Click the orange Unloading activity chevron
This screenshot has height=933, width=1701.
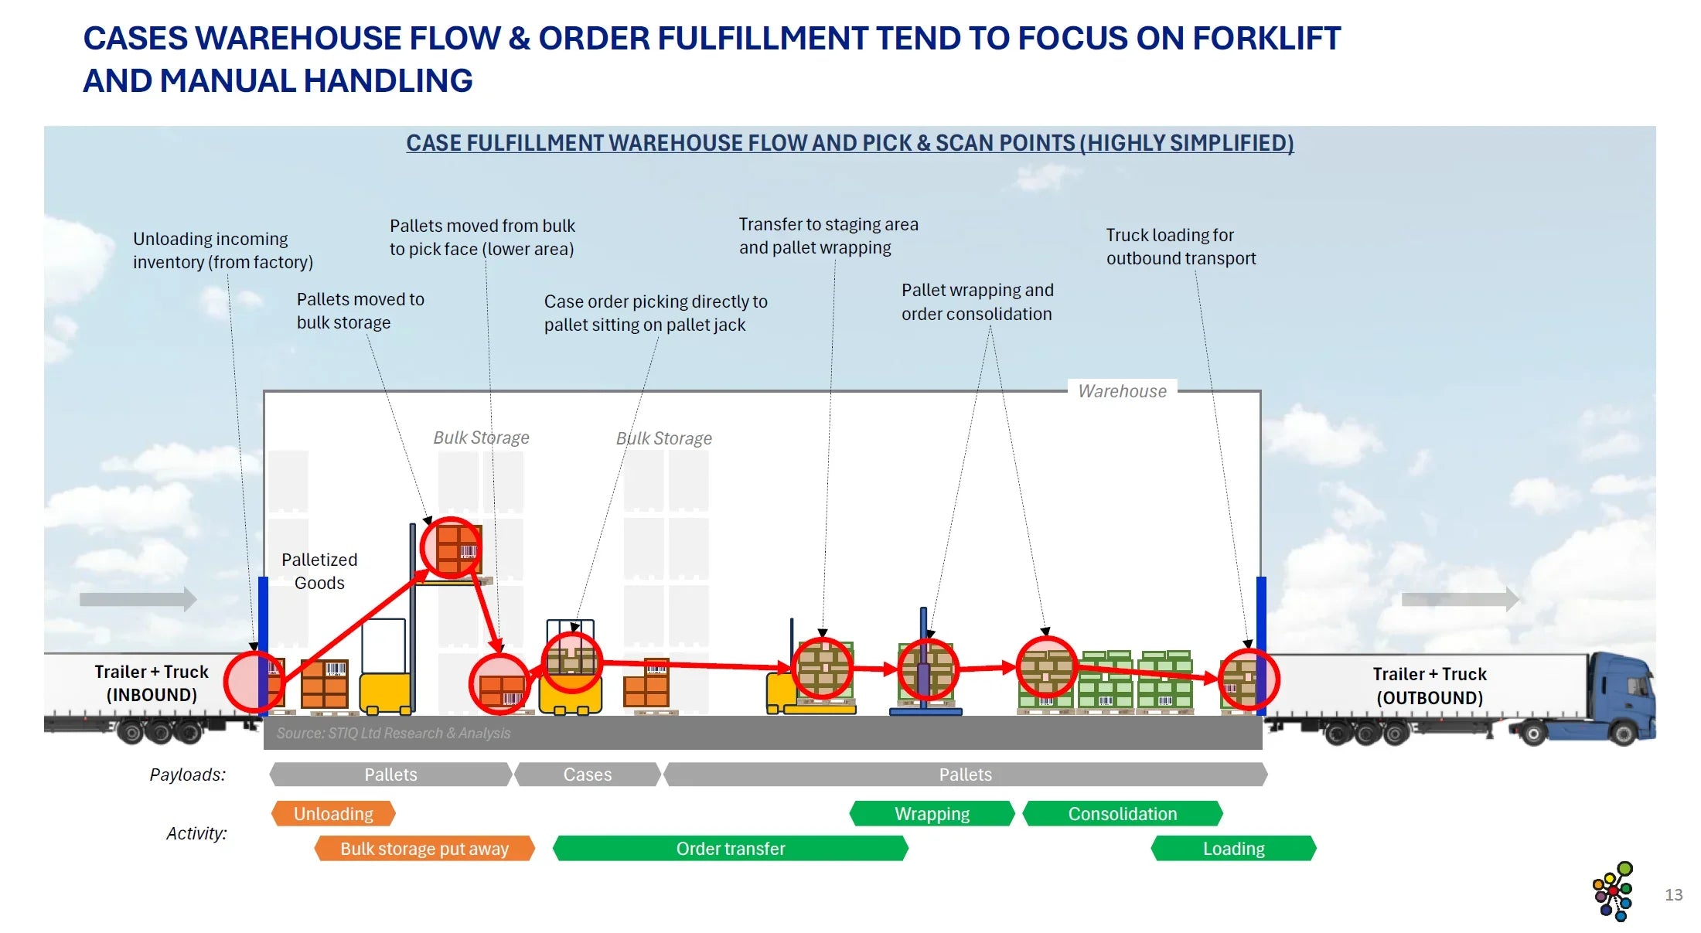333,813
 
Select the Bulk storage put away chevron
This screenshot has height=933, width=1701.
424,848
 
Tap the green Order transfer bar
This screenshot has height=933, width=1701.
731,848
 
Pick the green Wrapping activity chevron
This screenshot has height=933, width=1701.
932,813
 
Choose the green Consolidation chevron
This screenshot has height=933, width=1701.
1123,813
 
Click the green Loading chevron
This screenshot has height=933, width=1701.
1233,848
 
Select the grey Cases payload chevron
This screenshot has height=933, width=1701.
588,774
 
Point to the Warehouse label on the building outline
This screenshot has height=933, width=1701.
1122,391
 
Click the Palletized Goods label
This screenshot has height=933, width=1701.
319,570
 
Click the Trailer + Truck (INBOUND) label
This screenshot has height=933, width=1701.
152,683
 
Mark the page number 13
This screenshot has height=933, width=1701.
1673,894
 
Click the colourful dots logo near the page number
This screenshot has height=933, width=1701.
1614,891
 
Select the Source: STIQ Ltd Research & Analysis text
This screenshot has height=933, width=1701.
394,733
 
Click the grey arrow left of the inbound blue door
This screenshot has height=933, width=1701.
138,598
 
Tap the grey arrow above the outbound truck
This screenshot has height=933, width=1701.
1460,598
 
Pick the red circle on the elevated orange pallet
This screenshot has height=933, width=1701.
451,547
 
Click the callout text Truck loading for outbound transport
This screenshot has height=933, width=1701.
1181,247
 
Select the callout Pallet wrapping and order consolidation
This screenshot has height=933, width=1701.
977,301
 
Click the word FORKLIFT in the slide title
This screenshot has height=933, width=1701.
1266,38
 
